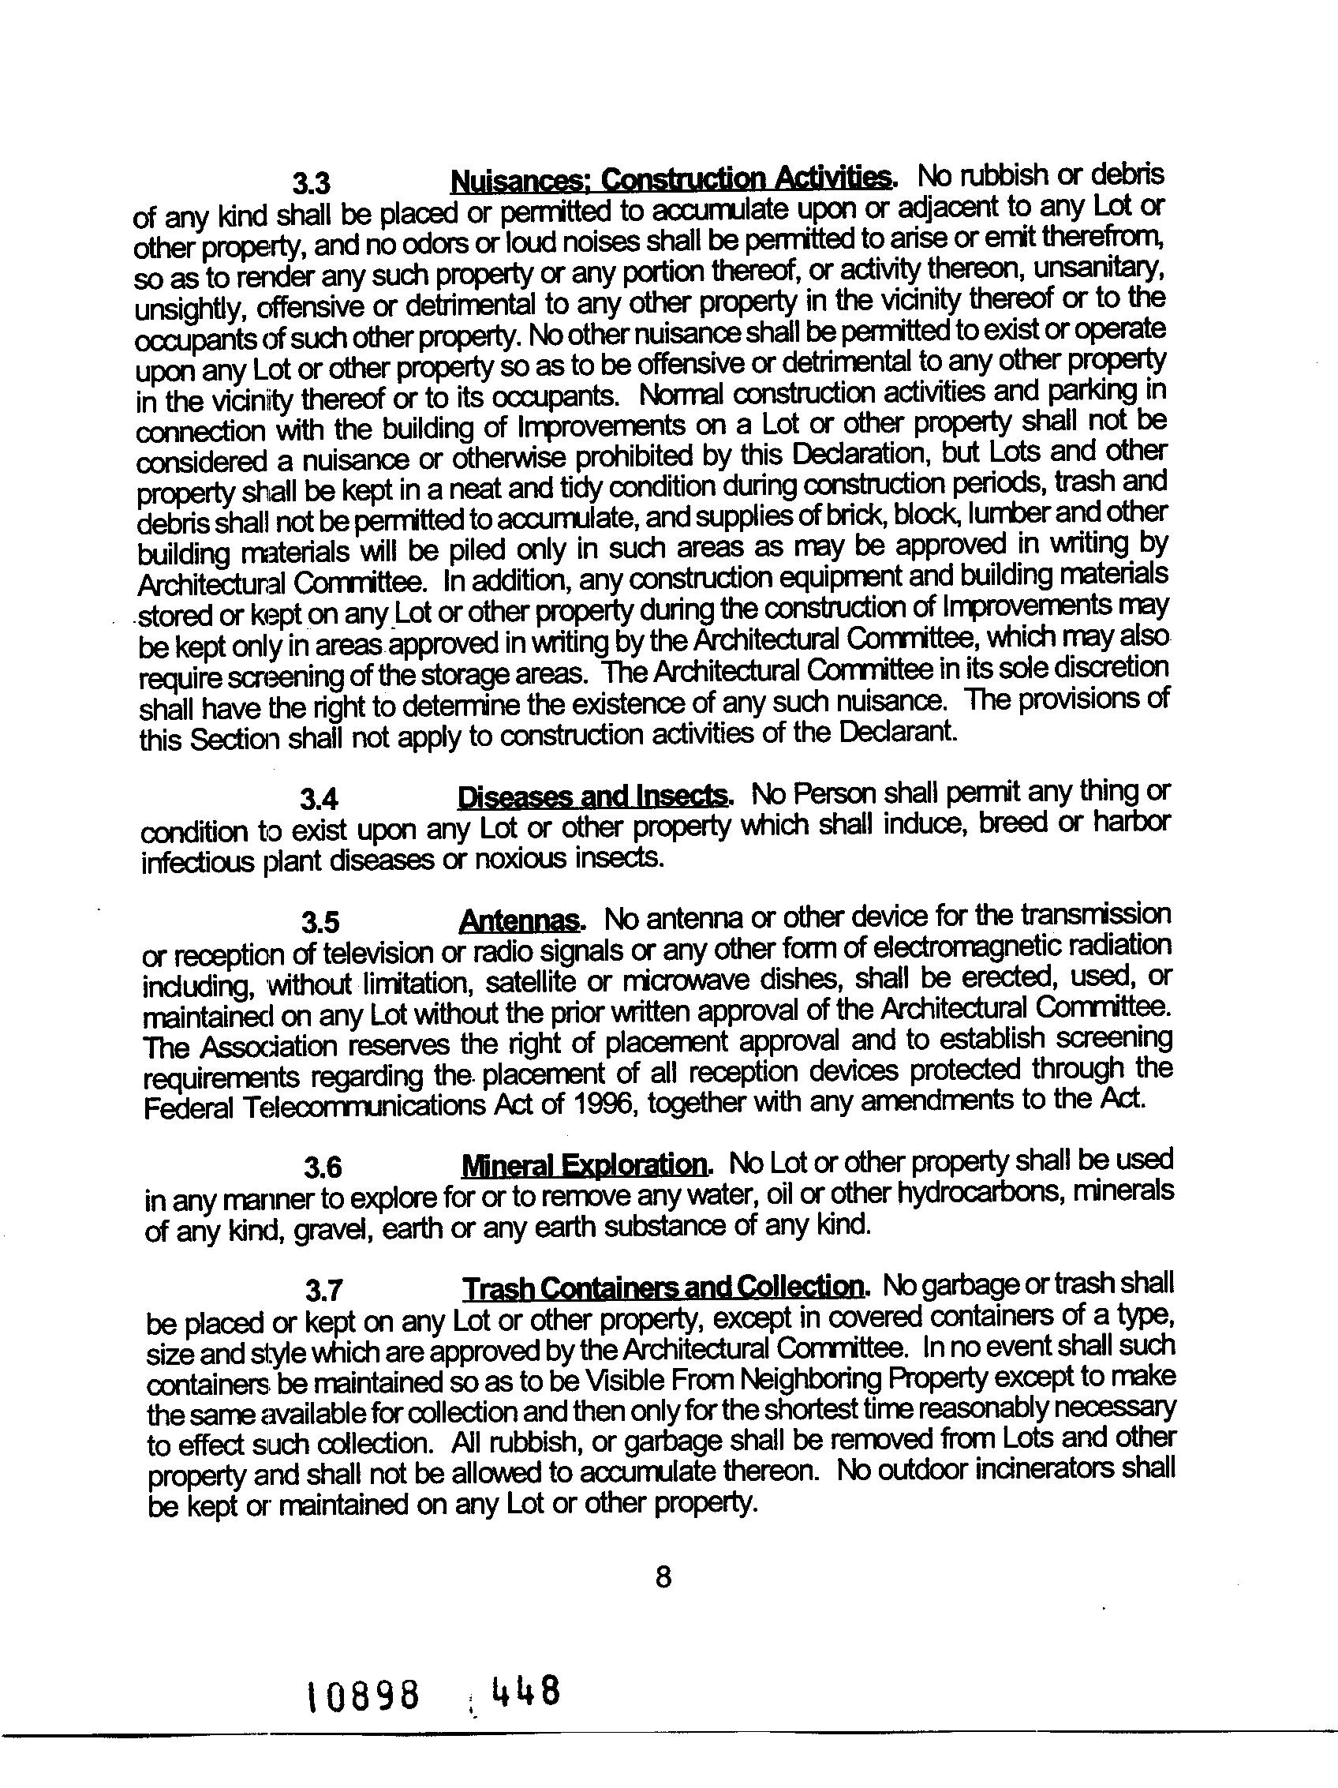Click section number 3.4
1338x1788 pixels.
(x=319, y=800)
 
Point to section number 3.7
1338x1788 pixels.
(x=326, y=1291)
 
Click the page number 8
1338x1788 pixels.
(x=663, y=1577)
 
